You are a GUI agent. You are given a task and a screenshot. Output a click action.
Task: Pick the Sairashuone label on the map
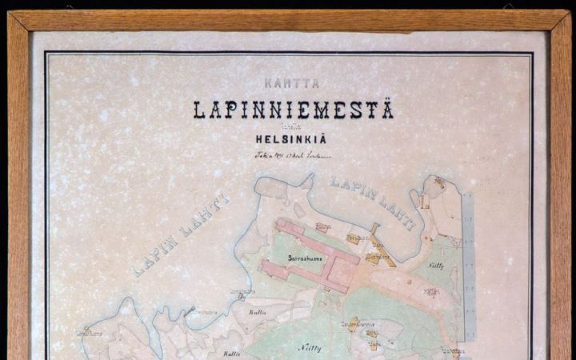pyautogui.click(x=305, y=258)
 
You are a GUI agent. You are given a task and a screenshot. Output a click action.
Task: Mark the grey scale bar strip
pyautogui.click(x=468, y=264)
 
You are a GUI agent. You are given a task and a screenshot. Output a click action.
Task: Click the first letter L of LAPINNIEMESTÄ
pyautogui.click(x=197, y=110)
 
